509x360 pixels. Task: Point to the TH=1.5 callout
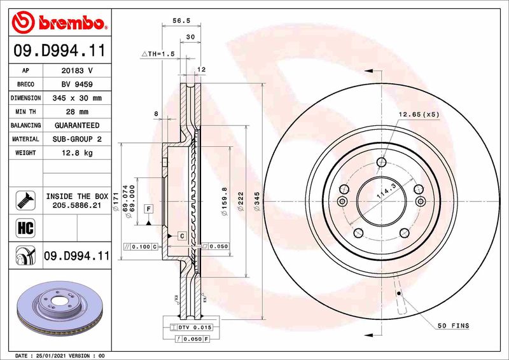[157, 54]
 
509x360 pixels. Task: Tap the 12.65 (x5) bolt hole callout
[419, 114]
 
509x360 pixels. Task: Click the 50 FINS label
[452, 326]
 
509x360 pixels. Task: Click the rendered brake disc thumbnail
[57, 303]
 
